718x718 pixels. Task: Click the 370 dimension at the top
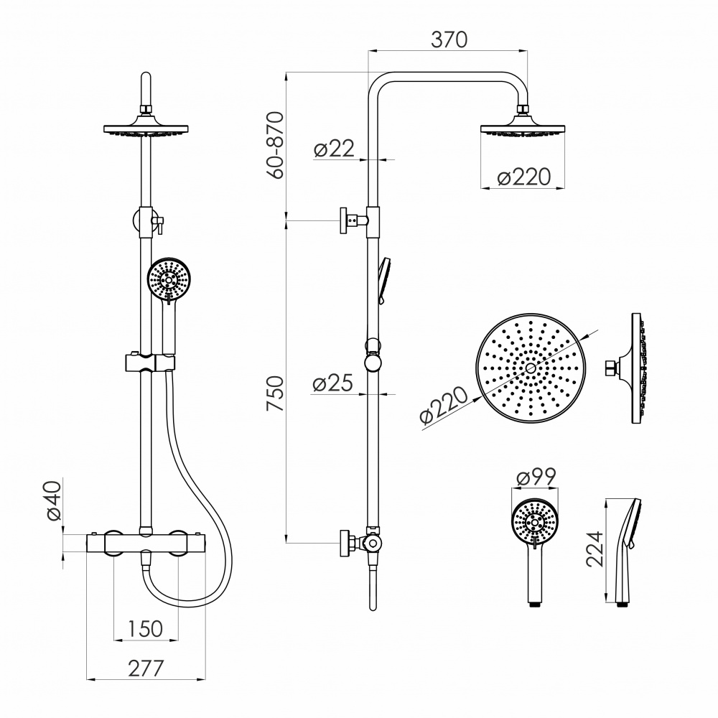(x=449, y=39)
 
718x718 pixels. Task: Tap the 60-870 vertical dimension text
(x=276, y=145)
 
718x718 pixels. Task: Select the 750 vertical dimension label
(x=275, y=393)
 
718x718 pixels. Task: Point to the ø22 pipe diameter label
(x=335, y=149)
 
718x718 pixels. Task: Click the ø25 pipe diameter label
(x=333, y=383)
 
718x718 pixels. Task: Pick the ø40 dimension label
(x=54, y=500)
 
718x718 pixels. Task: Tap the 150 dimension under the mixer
(x=145, y=629)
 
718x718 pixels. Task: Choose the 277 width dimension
(x=146, y=668)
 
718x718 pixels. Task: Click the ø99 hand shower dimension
(x=536, y=477)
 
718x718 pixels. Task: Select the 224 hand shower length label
(x=595, y=549)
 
